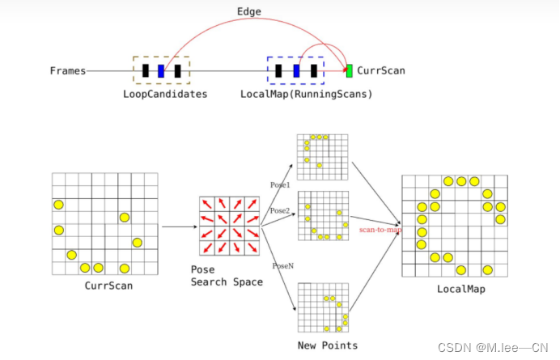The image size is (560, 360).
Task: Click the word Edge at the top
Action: point(249,13)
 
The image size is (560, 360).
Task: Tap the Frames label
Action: point(68,71)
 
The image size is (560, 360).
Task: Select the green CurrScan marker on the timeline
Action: point(350,70)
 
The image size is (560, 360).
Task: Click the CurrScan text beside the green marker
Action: point(381,71)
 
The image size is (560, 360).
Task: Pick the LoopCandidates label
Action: point(165,94)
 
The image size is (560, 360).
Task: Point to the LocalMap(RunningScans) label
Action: point(306,94)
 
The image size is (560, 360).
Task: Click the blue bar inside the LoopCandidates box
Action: point(161,70)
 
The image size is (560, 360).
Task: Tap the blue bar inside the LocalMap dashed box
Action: point(296,70)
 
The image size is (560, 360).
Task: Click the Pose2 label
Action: point(279,210)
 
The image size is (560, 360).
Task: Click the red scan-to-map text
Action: point(380,230)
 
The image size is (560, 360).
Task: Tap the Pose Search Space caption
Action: point(227,275)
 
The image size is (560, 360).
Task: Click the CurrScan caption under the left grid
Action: point(108,286)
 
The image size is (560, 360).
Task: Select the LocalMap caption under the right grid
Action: point(453,288)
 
